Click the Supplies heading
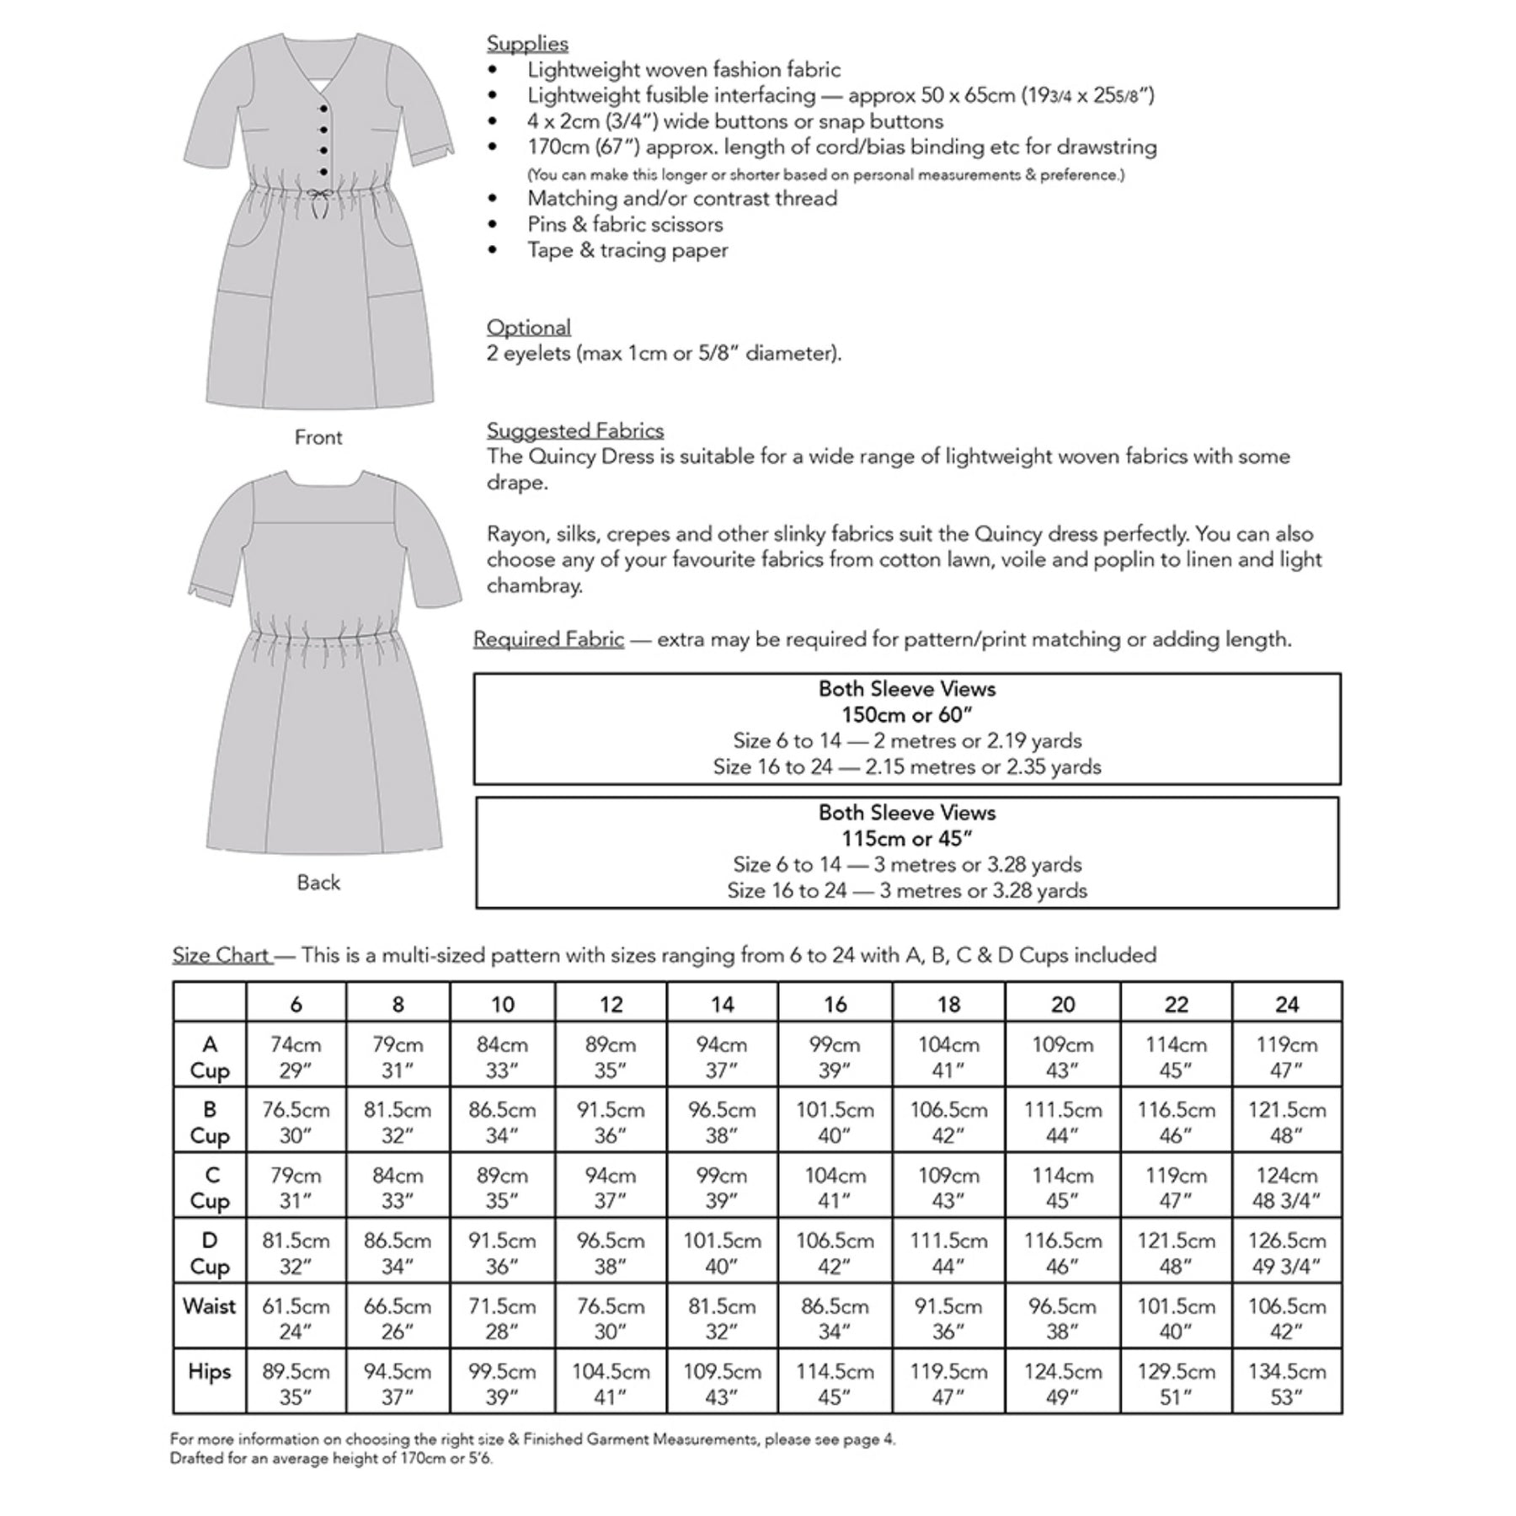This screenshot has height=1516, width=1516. pos(527,44)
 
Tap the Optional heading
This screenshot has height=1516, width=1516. pos(528,327)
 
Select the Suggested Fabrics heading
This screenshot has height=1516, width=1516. pos(575,430)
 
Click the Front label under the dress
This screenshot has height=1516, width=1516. pos(318,437)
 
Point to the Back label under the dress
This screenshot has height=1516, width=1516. pos(318,882)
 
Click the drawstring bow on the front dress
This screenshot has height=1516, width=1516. pos(320,197)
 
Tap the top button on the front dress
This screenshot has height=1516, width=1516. pos(324,109)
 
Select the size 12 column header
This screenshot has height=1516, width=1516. pos(611,1004)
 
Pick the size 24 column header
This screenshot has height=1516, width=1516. pos(1287,1004)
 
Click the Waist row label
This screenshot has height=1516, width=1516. pos(209,1306)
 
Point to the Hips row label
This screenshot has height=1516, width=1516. pos(209,1371)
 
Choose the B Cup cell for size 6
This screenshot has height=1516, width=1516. pos(296,1122)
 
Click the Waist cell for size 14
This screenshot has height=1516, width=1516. pos(722,1318)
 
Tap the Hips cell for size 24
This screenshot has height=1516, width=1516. pos(1287,1384)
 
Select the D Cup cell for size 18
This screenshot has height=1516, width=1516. pos(948,1252)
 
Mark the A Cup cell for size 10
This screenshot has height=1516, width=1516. pos(502,1057)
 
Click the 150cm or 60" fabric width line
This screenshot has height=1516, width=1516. pos(907,715)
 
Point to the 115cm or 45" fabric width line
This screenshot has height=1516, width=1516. pos(907,839)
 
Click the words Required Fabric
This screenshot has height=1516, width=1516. pos(548,639)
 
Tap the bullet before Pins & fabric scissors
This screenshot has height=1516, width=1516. pos(494,224)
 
